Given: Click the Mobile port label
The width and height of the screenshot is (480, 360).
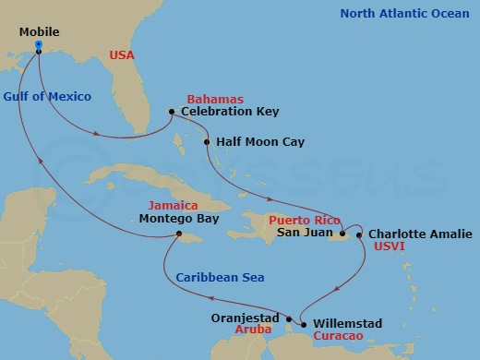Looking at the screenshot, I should tap(39, 32).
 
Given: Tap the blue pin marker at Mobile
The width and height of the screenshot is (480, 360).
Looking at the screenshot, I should tap(38, 45).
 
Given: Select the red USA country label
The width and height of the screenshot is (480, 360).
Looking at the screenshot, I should tap(122, 56).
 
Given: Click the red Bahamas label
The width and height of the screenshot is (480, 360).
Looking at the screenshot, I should tap(214, 99).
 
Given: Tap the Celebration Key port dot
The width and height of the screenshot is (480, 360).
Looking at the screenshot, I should tap(172, 113).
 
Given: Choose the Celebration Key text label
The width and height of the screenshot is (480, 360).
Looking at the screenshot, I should tap(229, 113).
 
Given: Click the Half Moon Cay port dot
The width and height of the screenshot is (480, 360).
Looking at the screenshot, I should tap(207, 143).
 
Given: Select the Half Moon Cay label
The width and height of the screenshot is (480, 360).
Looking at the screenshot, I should tap(260, 143).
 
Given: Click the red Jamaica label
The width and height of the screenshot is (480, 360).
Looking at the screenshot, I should tap(174, 205).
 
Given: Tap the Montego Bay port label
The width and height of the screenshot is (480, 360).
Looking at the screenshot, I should tap(180, 220).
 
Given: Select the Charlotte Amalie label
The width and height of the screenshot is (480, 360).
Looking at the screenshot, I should tap(420, 234).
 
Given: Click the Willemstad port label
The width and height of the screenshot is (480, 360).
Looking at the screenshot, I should tap(347, 325).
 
